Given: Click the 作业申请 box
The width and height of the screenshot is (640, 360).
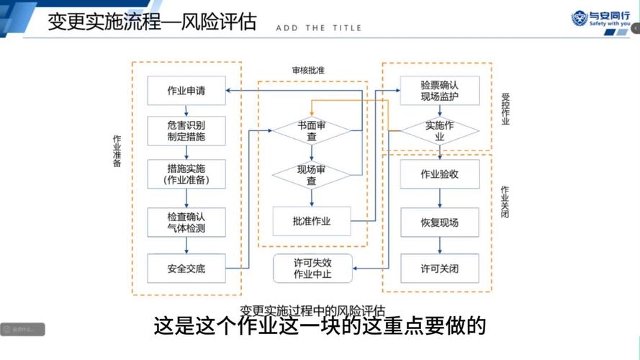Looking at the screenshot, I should tap(186, 91).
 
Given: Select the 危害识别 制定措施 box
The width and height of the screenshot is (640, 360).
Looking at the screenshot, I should tap(186, 130).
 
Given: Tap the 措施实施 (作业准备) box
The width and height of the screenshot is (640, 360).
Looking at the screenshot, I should tap(186, 174).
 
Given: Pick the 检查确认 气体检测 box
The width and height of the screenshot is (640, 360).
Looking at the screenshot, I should tap(186, 222).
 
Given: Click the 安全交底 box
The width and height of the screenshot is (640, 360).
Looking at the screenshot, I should tap(186, 269).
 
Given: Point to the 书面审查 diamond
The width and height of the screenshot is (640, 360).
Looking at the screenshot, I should tap(312, 130).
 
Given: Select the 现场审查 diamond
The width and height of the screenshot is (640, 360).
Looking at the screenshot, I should tap(312, 175).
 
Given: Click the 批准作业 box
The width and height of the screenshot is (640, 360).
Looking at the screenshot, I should tap(312, 221).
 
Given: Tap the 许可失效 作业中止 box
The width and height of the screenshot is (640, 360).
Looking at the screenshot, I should tap(312, 269).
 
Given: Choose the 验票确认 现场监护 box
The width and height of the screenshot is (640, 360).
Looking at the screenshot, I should tap(439, 90).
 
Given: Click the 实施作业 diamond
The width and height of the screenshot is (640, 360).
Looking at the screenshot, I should tap(439, 130).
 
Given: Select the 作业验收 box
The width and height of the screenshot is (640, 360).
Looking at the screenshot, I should tap(439, 174).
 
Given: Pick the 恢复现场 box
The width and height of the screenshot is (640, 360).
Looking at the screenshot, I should tap(439, 222).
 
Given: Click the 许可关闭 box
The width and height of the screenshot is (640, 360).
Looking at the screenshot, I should tap(439, 269).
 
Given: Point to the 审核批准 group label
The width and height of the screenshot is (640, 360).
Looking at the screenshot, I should tap(308, 71).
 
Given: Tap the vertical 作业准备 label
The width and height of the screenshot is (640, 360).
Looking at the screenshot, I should tap(117, 150).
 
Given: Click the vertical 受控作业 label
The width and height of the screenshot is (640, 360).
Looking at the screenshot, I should tap(505, 109).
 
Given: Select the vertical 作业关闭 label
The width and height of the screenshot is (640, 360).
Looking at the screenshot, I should tap(505, 202).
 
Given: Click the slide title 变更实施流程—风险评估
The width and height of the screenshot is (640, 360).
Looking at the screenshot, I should tap(152, 22).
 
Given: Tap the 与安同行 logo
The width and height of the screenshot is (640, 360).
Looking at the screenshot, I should tap(600, 18).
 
